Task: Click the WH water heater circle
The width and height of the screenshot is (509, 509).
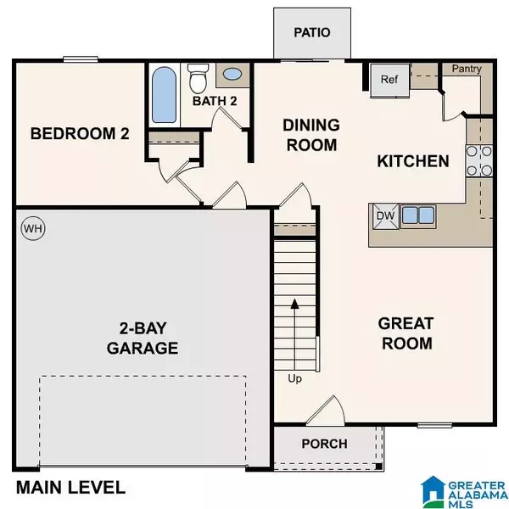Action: pos(33,228)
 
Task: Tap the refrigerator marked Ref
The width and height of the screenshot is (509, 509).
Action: pos(390,81)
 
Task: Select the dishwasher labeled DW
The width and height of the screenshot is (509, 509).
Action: pos(386,216)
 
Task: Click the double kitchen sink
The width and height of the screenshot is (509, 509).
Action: pos(418,215)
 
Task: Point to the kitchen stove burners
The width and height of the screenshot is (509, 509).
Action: pos(479,161)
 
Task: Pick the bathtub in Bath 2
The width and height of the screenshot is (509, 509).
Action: pos(165,95)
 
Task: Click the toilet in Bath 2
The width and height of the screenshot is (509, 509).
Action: pos(198,78)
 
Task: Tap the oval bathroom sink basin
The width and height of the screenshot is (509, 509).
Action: pos(232,75)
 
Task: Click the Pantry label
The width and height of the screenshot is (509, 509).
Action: pos(467,69)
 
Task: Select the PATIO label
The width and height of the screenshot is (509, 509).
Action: pos(312,32)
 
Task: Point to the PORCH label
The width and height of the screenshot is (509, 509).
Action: pos(324,444)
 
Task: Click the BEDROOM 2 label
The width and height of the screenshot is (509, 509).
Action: pos(80,134)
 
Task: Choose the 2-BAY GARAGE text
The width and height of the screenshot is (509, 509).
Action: pos(143,338)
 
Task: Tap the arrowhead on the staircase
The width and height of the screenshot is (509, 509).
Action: pos(294,304)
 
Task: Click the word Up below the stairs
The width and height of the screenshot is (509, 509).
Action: pos(294,379)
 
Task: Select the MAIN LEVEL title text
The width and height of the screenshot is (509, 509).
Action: pos(70,488)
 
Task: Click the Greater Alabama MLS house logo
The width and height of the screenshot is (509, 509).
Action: pos(433,492)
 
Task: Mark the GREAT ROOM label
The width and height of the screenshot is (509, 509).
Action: pos(406,333)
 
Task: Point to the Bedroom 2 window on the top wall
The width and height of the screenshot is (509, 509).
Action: pos(81,59)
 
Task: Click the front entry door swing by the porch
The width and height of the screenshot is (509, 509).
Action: pos(325,411)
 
